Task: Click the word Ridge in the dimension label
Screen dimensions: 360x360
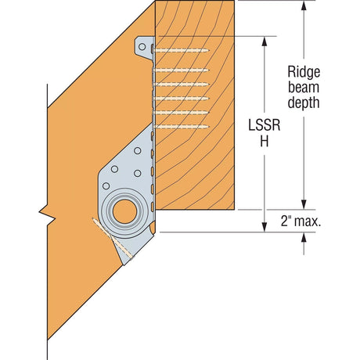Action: point(304,70)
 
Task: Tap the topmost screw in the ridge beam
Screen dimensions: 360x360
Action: point(182,49)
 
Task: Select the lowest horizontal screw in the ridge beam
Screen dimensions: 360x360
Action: point(182,125)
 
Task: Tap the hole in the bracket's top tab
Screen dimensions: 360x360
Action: point(142,47)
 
